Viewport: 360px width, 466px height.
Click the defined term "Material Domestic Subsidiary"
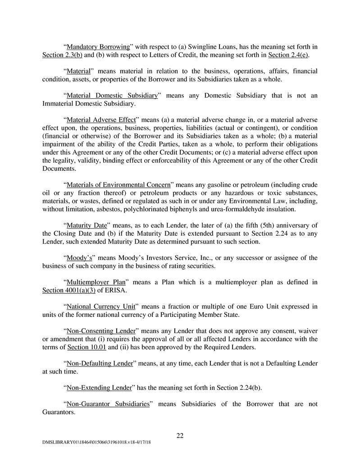pos(112,95)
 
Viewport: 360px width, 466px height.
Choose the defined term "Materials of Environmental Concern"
pos(118,184)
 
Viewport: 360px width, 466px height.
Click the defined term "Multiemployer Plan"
pos(95,282)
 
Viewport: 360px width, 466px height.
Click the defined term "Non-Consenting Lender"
pos(100,331)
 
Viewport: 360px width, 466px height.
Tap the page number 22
pos(180,435)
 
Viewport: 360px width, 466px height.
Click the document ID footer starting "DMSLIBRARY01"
pos(94,443)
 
